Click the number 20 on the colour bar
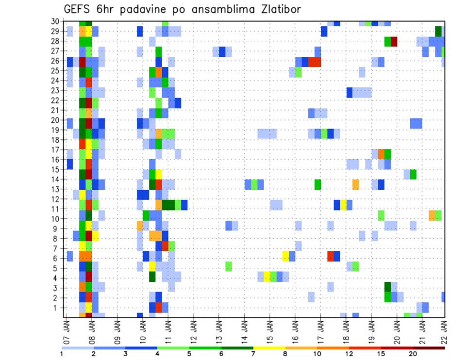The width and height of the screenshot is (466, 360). [x=413, y=354]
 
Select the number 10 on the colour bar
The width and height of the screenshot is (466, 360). [x=317, y=354]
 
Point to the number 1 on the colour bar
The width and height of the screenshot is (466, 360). [x=62, y=354]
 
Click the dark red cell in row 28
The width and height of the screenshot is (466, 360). [x=394, y=41]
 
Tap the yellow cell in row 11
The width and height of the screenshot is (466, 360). [x=343, y=205]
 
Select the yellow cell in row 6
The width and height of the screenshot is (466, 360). [x=286, y=256]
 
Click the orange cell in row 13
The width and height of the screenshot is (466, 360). [x=356, y=184]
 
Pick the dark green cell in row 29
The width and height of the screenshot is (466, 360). [x=438, y=31]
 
